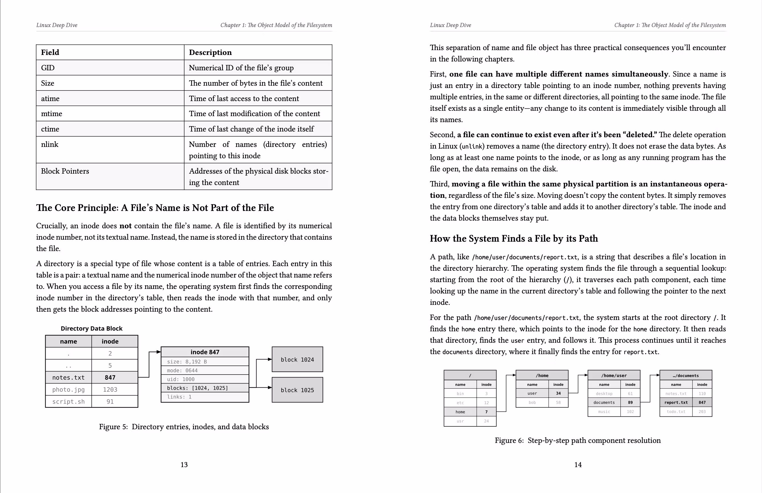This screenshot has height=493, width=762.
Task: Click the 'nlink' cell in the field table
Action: coord(50,144)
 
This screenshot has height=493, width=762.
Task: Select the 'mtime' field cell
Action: coord(52,114)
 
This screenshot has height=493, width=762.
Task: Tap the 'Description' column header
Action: coord(210,52)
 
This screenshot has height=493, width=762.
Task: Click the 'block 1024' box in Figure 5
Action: coord(297,360)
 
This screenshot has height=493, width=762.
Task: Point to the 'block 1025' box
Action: coord(297,390)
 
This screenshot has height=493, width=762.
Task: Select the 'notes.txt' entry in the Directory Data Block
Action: coord(69,378)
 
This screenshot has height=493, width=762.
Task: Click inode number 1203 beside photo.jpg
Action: coord(110,390)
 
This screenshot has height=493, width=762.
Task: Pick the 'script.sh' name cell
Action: coord(69,402)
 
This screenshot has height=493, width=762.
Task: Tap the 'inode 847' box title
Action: coord(205,352)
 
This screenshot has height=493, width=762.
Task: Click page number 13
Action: coord(184,465)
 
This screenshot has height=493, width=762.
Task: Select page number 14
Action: coord(577,465)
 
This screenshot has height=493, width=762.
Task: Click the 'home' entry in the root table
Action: coord(460,412)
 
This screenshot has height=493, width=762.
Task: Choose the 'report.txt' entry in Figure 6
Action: coord(676,402)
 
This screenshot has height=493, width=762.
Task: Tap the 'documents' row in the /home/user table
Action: coord(604,402)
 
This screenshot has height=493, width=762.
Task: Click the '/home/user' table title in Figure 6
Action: coord(614,375)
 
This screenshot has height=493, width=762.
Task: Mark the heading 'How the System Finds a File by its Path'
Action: coord(513,239)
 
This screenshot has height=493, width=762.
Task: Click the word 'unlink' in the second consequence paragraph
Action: coord(471,147)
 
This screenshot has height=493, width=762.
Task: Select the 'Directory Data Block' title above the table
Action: coord(92,328)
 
